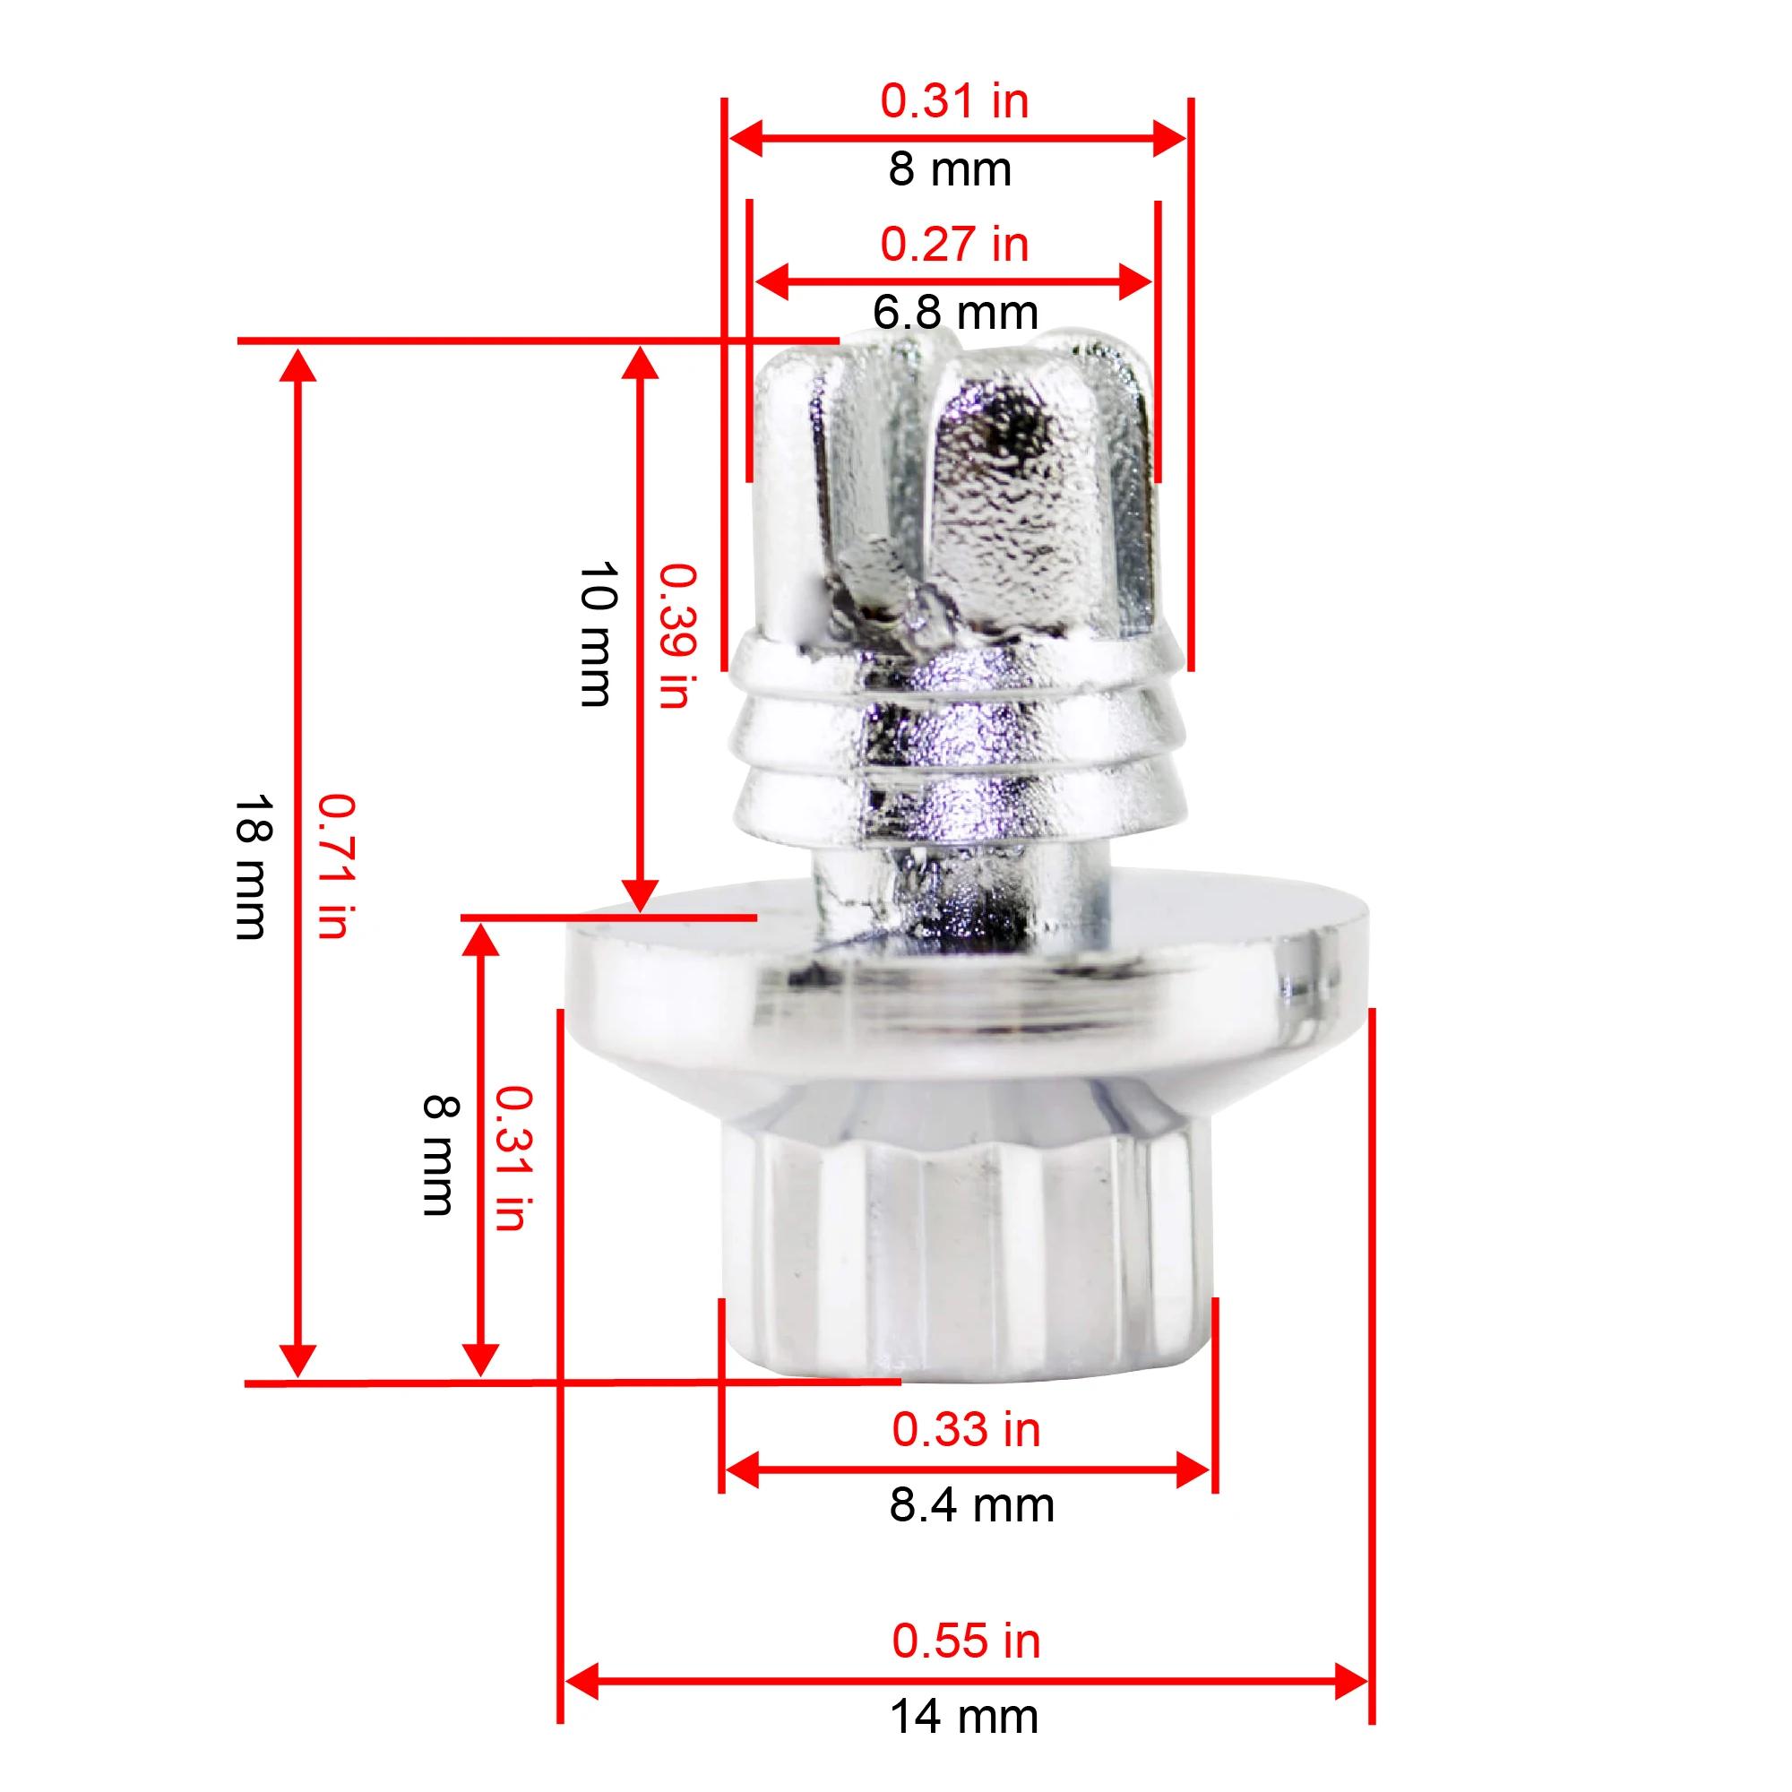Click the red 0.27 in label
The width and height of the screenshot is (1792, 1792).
pyautogui.click(x=954, y=244)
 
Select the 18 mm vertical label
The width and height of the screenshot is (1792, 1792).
pyautogui.click(x=252, y=866)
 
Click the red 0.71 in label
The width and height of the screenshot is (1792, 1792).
pyautogui.click(x=335, y=866)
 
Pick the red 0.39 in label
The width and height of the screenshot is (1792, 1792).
pyautogui.click(x=676, y=636)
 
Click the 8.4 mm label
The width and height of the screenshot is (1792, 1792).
pyautogui.click(x=972, y=1504)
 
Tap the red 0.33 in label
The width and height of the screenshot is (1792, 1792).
pyautogui.click(x=967, y=1429)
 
